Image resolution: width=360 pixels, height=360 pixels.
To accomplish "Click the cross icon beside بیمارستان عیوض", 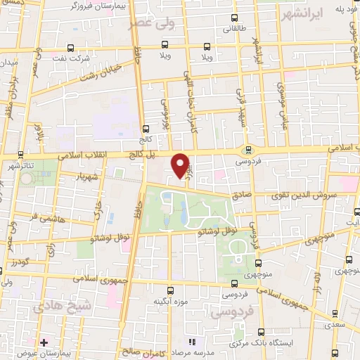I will pyautogui.click(x=44, y=342).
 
